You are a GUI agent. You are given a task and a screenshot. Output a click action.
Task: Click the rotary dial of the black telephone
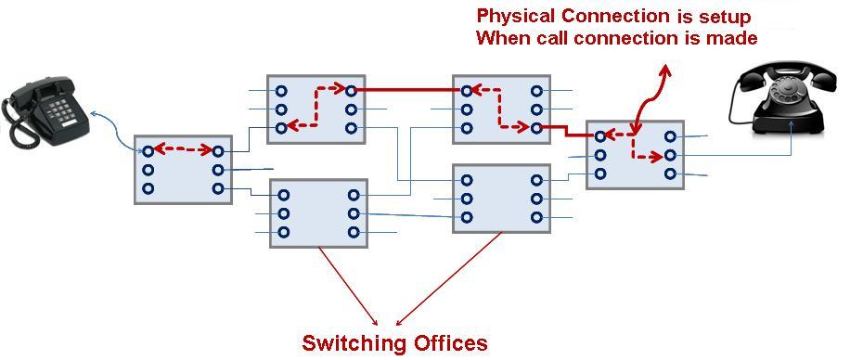[x=790, y=89]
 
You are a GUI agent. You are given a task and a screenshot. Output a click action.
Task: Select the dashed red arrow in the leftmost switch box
[x=183, y=149]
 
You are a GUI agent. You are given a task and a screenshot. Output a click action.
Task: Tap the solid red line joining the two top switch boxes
[x=408, y=90]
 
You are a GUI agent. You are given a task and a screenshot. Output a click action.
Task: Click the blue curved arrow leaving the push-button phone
[x=115, y=135]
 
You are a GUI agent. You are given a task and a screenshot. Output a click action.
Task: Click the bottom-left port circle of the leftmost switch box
[x=148, y=188]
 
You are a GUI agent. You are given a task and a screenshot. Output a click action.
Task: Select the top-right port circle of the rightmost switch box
[x=669, y=136]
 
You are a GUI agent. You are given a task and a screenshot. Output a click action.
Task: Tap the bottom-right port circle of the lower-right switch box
[x=536, y=217]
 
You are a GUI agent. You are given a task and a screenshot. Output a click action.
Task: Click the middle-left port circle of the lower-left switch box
[x=284, y=214]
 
